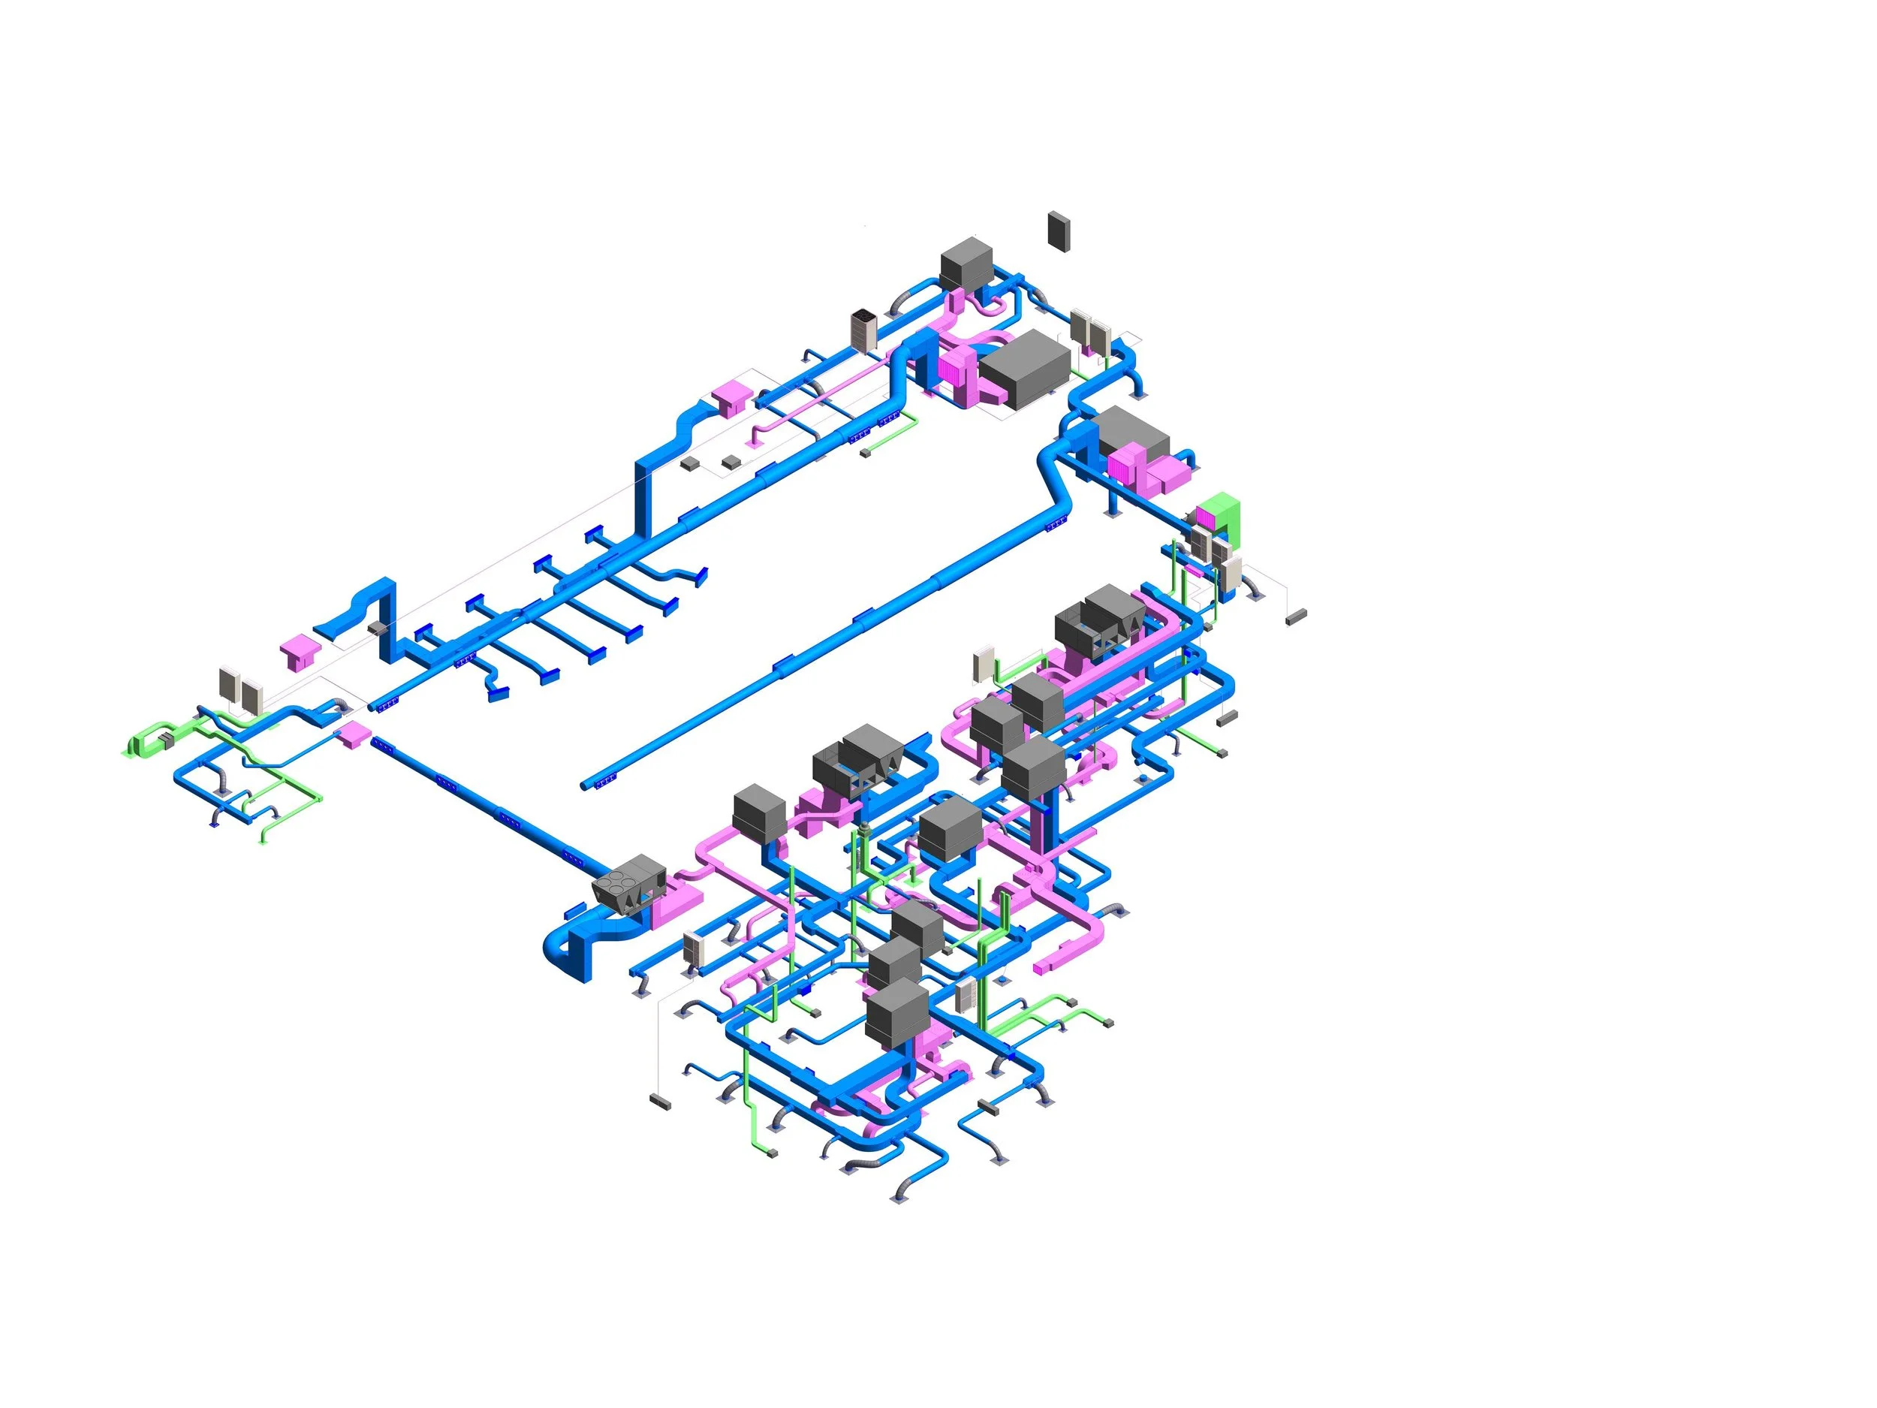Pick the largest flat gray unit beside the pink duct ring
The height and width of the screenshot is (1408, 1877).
coord(1025,367)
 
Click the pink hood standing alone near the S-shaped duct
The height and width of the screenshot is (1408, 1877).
coord(301,652)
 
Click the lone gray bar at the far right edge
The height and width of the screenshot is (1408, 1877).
coord(1295,617)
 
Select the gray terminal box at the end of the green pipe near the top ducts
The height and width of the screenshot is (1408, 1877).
coord(866,454)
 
